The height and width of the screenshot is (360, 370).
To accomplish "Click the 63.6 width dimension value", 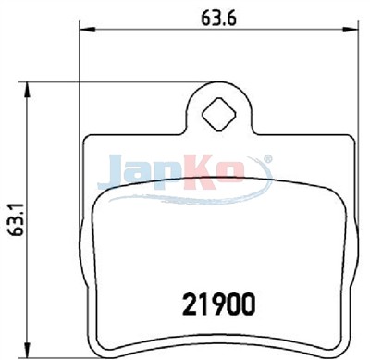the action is (x=218, y=18).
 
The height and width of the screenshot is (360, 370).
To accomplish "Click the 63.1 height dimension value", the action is (x=16, y=219).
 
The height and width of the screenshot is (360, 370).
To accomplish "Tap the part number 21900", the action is (x=219, y=304).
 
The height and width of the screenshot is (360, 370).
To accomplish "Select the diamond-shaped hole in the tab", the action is (x=218, y=115).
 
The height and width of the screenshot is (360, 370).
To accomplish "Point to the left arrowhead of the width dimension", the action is (x=86, y=30).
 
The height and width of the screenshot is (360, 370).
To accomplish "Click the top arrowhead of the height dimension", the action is (x=28, y=90).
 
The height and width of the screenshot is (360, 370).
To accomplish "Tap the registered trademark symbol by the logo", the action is (x=268, y=158).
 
